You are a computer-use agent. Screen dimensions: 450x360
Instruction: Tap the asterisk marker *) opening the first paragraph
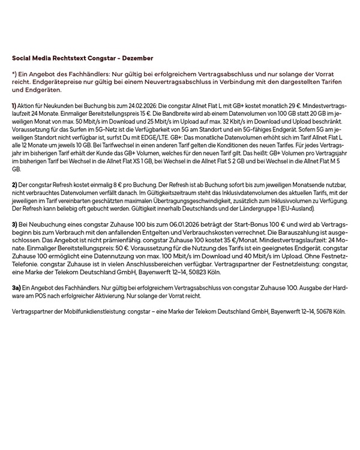tap(14, 73)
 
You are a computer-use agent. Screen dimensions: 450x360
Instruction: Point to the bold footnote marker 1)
tap(14, 106)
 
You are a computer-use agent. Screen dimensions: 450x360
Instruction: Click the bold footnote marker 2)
tap(14, 185)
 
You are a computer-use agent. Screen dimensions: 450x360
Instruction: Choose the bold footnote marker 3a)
tap(17, 288)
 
